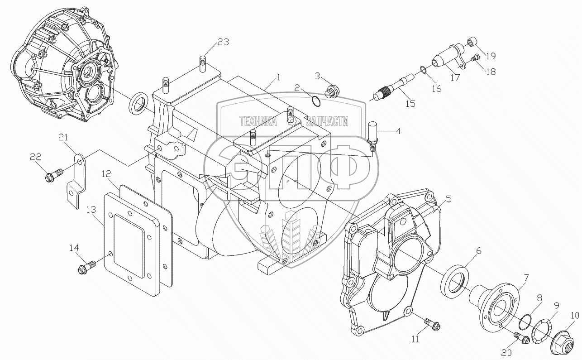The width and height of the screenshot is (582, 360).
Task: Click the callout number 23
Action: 223,42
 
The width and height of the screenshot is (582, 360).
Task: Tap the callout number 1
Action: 279,77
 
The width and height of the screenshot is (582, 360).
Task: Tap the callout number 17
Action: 455,78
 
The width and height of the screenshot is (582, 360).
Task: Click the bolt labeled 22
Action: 51,175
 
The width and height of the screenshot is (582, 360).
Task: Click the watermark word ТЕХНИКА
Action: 258,121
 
